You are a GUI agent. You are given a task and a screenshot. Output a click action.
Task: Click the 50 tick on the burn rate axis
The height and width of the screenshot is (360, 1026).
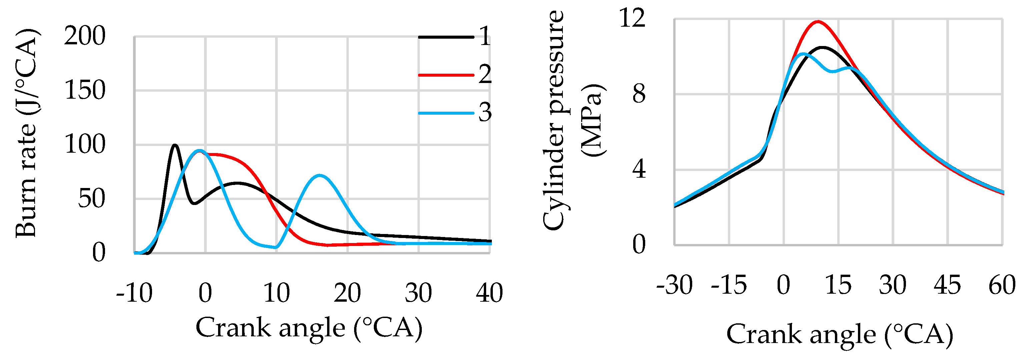pyautogui.click(x=92, y=199)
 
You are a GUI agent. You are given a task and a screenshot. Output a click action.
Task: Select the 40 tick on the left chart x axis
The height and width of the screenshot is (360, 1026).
pyautogui.click(x=489, y=293)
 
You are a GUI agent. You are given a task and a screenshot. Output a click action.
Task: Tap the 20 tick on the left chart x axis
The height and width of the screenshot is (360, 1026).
pyautogui.click(x=347, y=293)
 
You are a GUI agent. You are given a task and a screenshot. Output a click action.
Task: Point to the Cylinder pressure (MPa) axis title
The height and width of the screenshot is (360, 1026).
pyautogui.click(x=574, y=119)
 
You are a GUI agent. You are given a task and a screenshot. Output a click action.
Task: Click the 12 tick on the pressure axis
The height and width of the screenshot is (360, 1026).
pyautogui.click(x=632, y=18)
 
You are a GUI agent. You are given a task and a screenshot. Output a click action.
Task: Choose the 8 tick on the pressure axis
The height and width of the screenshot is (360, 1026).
pyautogui.click(x=639, y=94)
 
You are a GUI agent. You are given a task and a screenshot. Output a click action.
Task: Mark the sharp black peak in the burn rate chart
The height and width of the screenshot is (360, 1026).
pyautogui.click(x=175, y=145)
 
